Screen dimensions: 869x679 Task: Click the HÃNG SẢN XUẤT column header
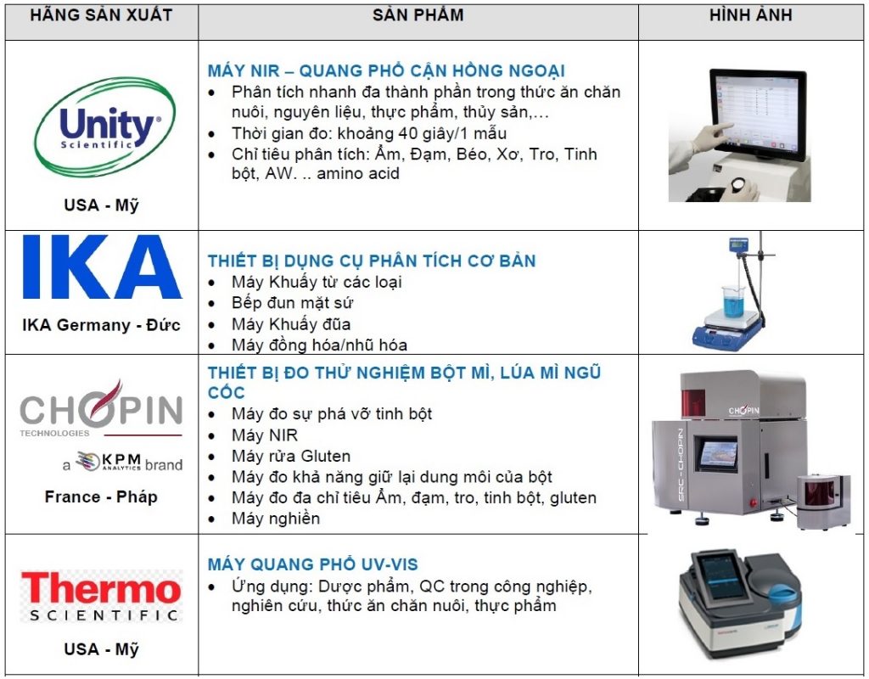[x=101, y=14]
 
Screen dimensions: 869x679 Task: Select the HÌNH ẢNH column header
[x=751, y=14]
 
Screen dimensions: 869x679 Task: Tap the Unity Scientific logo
[x=105, y=127]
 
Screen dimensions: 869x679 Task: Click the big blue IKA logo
[x=102, y=267]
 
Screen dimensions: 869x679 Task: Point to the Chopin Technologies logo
[x=101, y=409]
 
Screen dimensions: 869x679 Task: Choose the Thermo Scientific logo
[x=101, y=596]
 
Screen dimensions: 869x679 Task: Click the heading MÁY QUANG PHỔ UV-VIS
[x=312, y=564]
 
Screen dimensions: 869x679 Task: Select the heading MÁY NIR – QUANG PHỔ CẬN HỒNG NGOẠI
[x=386, y=71]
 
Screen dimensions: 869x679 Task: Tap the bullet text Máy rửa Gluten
[x=291, y=456]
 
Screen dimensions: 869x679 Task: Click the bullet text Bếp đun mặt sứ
[x=292, y=303]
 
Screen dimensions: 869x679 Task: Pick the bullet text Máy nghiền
[x=276, y=519]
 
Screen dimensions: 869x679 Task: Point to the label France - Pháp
[x=101, y=497]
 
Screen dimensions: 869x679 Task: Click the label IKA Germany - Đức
[x=102, y=325]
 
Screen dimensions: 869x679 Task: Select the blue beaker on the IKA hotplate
[x=732, y=302]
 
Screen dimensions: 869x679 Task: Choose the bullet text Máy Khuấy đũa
[x=291, y=324]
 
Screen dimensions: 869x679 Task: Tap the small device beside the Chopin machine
[x=823, y=500]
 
